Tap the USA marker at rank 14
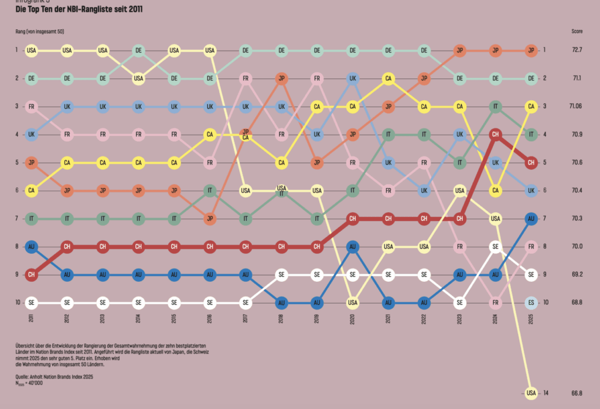531,393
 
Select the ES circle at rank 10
531,302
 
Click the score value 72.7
577,50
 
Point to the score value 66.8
577,393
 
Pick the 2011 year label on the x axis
31,318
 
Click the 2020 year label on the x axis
353,318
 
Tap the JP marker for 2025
531,50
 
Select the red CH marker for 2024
496,134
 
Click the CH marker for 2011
31,274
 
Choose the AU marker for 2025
531,219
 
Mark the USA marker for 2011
31,50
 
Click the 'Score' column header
577,30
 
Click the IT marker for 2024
496,106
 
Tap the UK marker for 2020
353,78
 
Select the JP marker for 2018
282,78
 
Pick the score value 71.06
577,106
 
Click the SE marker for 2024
496,247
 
